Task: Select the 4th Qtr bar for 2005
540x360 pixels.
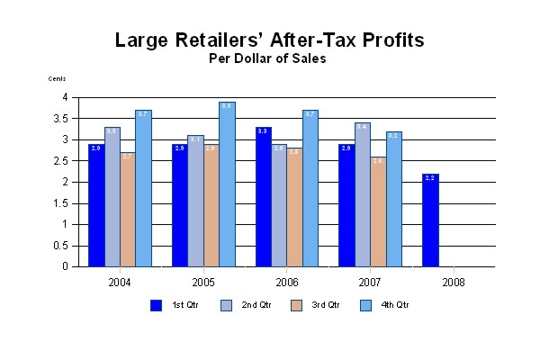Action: point(227,184)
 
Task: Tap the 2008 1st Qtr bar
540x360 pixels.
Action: point(430,220)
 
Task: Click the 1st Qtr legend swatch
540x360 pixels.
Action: point(156,305)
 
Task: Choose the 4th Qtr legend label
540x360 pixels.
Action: point(397,305)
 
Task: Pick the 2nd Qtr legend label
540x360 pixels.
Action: point(256,305)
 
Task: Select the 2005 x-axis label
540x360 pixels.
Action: point(202,281)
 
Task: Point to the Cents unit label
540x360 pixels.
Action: point(58,79)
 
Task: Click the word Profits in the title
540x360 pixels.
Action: point(384,40)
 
